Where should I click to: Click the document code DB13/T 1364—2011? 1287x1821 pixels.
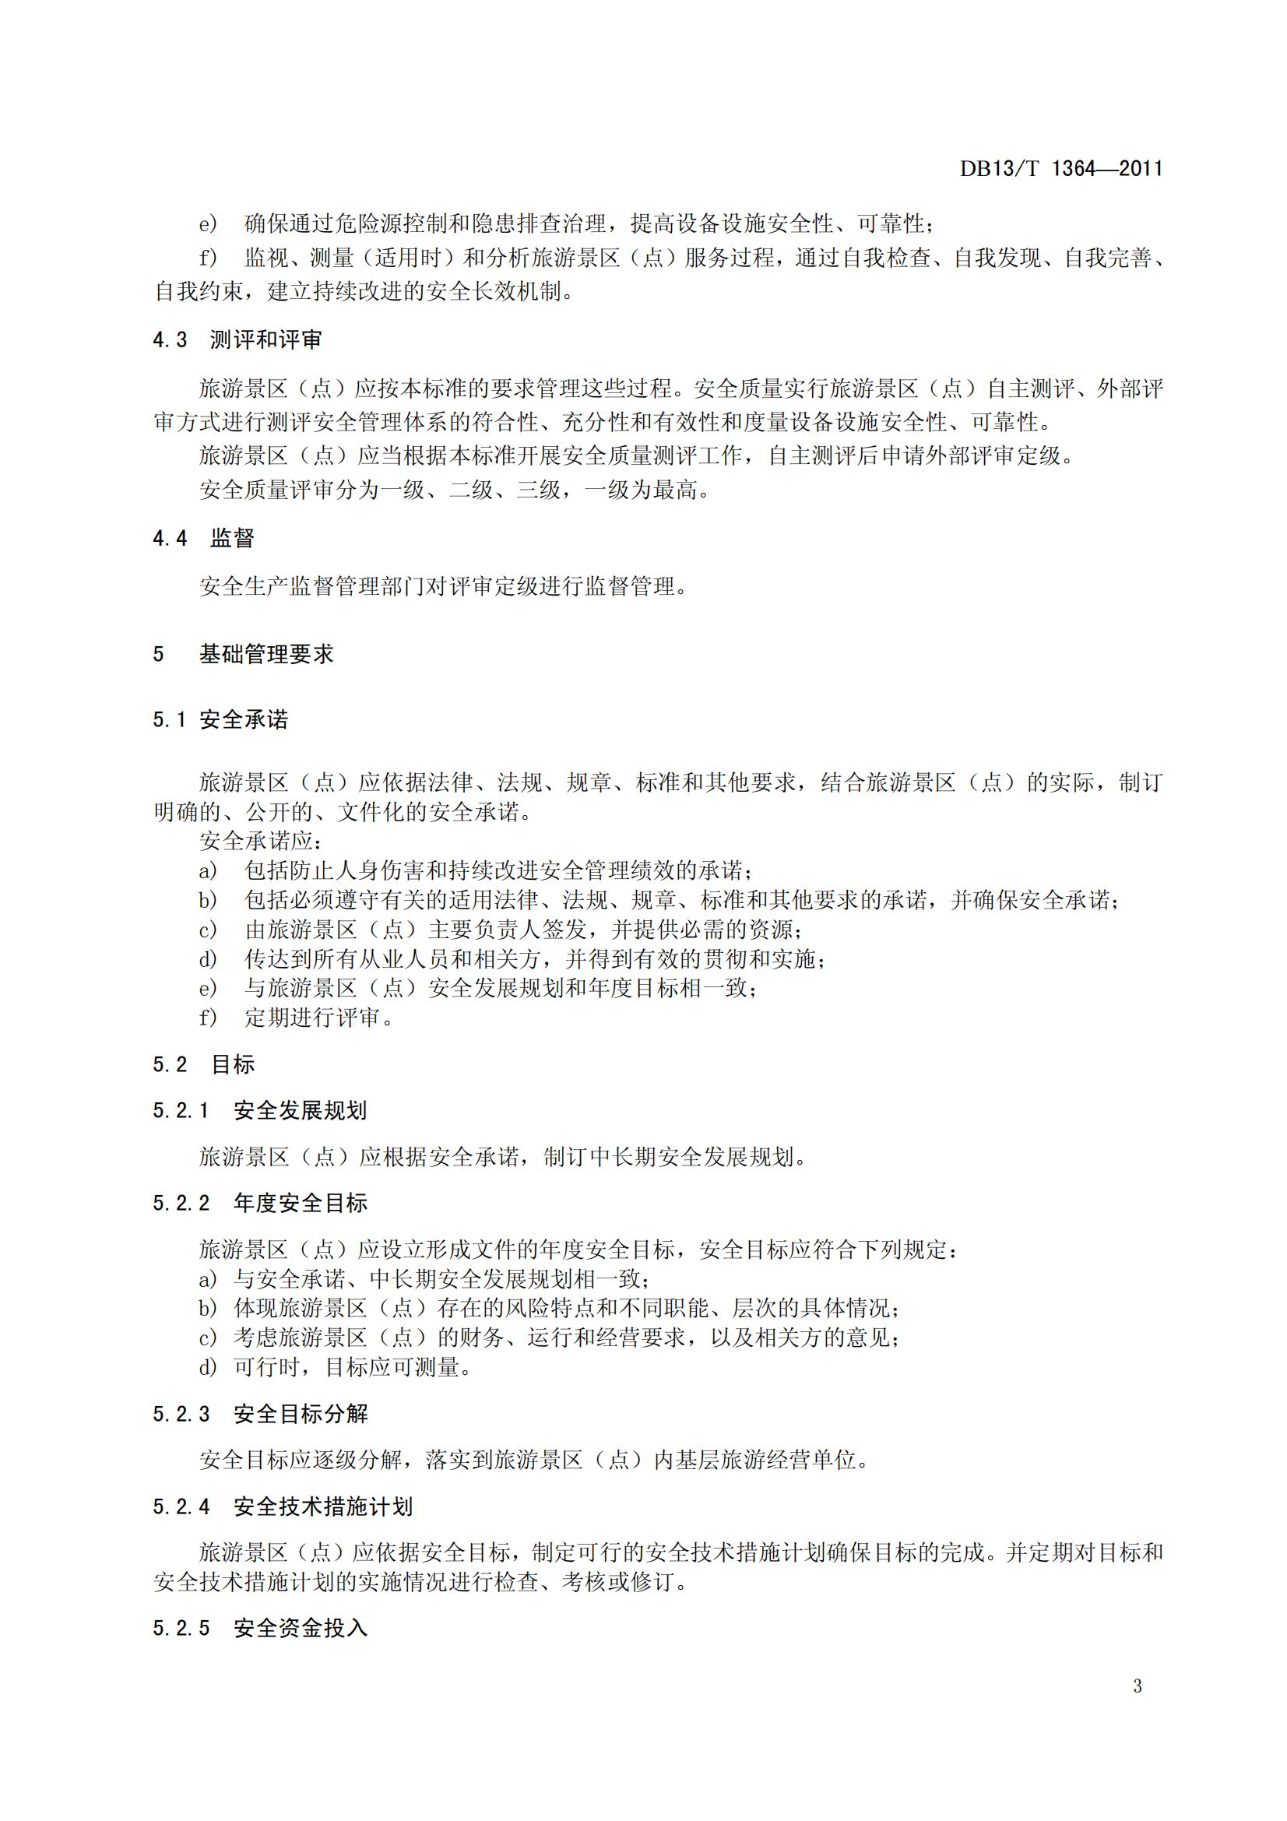(x=1060, y=168)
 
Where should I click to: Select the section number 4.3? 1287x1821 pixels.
(x=170, y=340)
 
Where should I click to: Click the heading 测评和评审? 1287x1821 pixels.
(x=265, y=340)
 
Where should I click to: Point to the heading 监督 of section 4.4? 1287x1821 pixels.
(x=232, y=539)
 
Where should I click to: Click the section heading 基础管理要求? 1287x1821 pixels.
(x=266, y=654)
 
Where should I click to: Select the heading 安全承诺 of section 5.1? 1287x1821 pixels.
(x=244, y=719)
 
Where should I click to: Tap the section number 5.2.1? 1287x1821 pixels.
(x=181, y=1110)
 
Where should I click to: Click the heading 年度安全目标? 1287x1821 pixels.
(x=301, y=1203)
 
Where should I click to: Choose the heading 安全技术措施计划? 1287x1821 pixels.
(x=323, y=1506)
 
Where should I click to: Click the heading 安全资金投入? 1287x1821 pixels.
(x=301, y=1628)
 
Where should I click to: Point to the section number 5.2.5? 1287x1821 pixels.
(x=181, y=1628)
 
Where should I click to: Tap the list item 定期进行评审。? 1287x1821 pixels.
(x=318, y=1018)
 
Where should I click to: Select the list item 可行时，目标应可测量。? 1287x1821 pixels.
(x=353, y=1367)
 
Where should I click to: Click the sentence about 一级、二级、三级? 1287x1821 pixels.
(x=455, y=490)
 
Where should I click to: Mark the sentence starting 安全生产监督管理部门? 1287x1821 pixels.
(x=444, y=586)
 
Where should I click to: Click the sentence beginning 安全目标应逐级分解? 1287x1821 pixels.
(x=534, y=1459)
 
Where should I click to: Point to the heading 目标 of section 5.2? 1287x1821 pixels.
(x=233, y=1064)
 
